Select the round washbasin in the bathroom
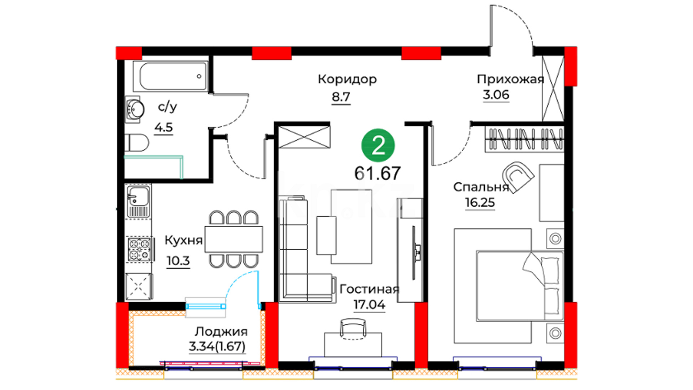tap(135, 109)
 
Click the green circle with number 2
tap(378, 146)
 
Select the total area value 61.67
tap(378, 173)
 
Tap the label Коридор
tap(347, 79)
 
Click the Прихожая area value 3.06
tap(496, 95)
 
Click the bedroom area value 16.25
tap(480, 203)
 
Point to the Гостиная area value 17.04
tap(369, 305)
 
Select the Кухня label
tap(183, 240)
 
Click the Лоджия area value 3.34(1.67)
tap(217, 346)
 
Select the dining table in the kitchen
tap(234, 239)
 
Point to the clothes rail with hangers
tap(524, 139)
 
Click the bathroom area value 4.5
tap(164, 127)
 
